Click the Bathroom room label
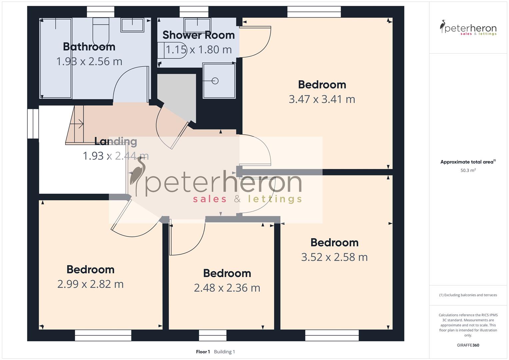89,47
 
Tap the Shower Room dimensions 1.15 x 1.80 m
199,50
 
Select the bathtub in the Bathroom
55,58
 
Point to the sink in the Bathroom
132,25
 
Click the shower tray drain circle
215,81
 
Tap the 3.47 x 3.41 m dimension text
322,99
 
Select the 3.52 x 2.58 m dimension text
334,257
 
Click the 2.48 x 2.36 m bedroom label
227,273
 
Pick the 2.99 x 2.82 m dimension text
90,284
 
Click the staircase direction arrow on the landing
79,124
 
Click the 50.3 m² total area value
468,170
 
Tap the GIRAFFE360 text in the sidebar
468,345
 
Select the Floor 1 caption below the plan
203,352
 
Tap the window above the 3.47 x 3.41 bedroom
314,12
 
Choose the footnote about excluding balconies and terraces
468,295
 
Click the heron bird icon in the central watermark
138,175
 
